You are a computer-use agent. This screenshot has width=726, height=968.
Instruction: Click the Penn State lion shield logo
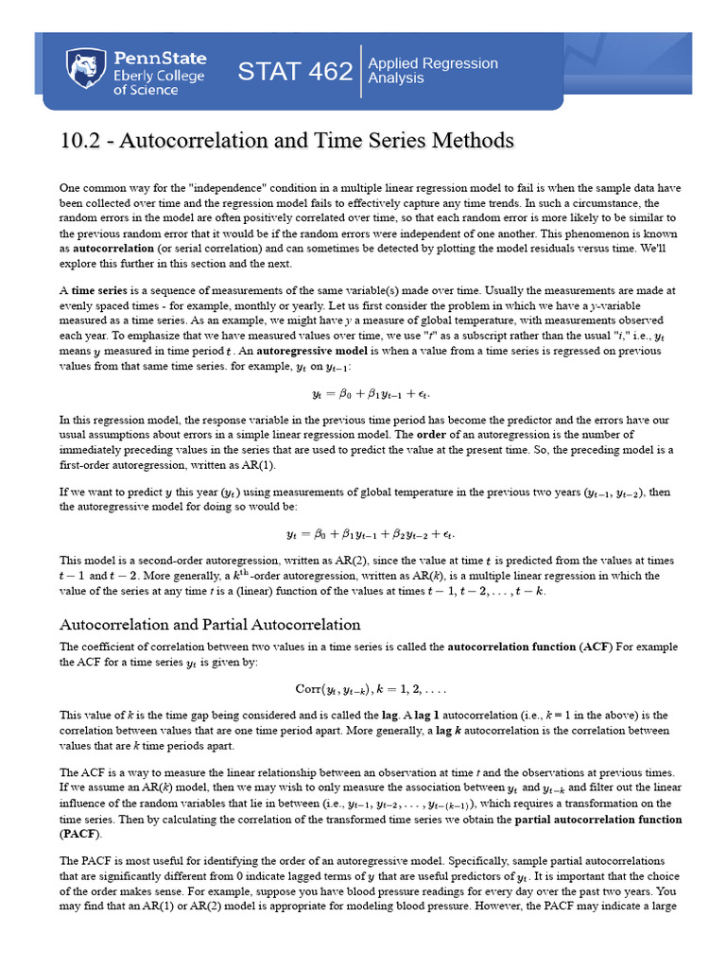click(85, 70)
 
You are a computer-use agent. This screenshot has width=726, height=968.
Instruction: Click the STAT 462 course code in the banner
click(294, 71)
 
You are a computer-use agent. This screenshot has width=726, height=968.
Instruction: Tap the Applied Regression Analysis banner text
click(432, 71)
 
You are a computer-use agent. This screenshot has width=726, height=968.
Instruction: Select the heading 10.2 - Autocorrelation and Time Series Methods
click(286, 141)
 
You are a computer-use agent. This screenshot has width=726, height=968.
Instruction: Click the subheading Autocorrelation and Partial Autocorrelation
click(210, 624)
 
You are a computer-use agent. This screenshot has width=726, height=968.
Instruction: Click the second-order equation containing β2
click(363, 534)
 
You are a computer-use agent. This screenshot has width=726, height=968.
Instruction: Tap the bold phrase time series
click(95, 290)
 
